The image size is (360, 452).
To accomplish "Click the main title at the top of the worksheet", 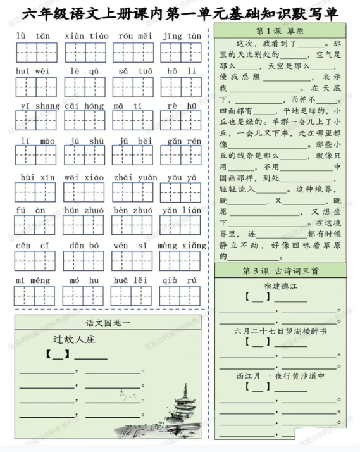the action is tap(179, 12).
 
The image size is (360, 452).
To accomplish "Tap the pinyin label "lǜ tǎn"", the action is tap(34, 36).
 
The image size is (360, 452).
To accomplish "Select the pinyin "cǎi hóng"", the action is tap(85, 106).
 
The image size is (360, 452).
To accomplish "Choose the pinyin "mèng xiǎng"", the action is tap(182, 246).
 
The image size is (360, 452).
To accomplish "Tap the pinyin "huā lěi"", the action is tap(132, 280).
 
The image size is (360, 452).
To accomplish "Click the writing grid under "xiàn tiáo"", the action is tap(85, 53).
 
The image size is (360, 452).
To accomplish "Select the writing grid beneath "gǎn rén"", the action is tap(180, 156).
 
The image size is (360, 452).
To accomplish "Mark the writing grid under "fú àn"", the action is tap(35, 225).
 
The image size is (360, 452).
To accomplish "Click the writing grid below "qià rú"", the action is tap(180, 296).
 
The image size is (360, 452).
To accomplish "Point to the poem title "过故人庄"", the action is tap(74, 339).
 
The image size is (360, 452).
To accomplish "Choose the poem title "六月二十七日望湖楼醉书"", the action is tap(280, 330).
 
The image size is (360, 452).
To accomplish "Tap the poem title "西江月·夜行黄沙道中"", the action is tap(280, 375).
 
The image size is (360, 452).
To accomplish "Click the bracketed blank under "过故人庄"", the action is tap(58, 355).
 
